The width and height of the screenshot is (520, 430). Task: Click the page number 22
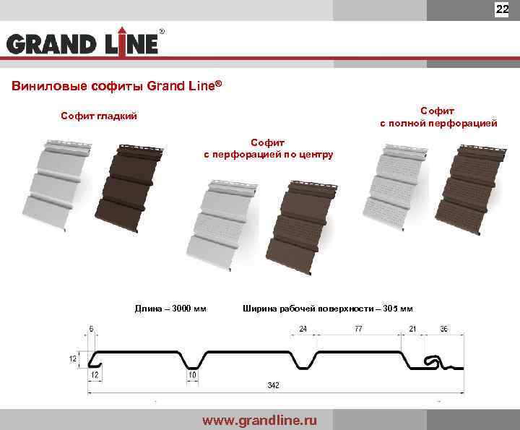point(502,9)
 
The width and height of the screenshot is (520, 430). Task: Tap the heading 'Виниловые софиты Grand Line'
point(116,86)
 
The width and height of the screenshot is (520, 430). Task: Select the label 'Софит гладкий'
point(98,116)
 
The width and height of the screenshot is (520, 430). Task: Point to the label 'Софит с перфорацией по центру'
point(268,149)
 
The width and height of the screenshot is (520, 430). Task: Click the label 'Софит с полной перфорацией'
point(438,117)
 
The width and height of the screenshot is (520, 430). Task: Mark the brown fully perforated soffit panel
point(469,188)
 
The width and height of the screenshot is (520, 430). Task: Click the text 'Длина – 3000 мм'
point(170,309)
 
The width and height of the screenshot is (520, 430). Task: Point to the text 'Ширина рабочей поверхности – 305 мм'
point(328,309)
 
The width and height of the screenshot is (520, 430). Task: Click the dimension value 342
point(272,385)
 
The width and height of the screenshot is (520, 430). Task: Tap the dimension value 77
point(357,330)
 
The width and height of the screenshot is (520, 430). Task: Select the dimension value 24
point(303,330)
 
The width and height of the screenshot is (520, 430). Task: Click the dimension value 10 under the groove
point(192,375)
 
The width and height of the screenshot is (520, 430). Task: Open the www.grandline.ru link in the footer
point(259,420)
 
